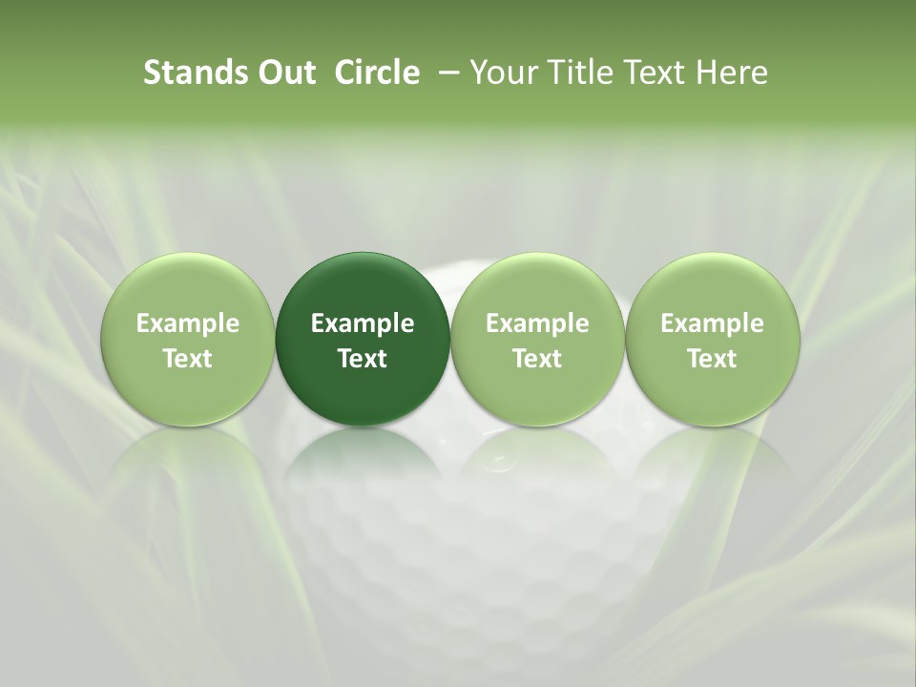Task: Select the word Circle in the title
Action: tap(377, 73)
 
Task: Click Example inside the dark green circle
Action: tap(363, 323)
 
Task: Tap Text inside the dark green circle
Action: tap(363, 359)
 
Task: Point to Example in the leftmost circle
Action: tap(188, 323)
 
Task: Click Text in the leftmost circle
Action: tap(188, 359)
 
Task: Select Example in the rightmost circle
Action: tap(712, 323)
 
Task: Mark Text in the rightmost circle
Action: tap(712, 359)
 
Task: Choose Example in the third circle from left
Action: tap(537, 323)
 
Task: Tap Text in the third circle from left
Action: tap(537, 359)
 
